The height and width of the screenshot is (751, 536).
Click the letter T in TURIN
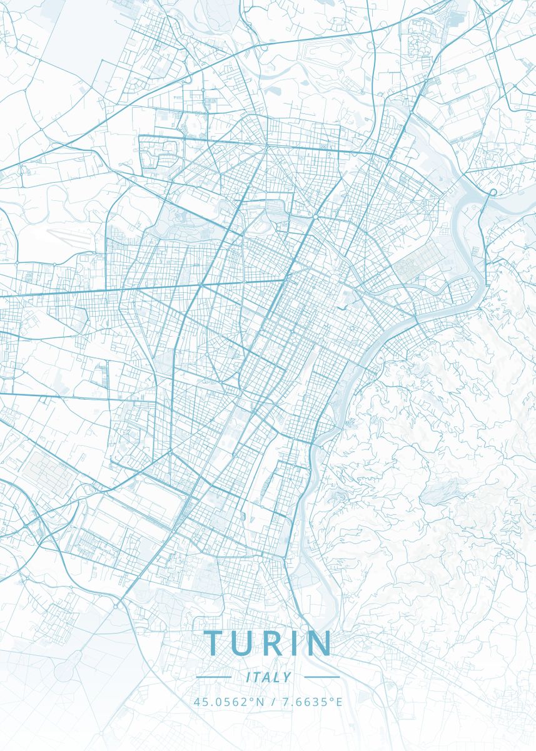click(213, 643)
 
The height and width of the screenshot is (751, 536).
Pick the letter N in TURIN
click(318, 643)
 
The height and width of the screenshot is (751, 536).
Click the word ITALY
click(268, 677)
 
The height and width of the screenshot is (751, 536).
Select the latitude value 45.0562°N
click(229, 702)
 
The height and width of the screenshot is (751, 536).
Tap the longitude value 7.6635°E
click(312, 702)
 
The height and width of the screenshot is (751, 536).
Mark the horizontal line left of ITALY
click(213, 677)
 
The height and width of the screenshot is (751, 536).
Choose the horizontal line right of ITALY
click(321, 677)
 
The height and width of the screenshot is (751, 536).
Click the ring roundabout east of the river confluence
click(493, 192)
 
